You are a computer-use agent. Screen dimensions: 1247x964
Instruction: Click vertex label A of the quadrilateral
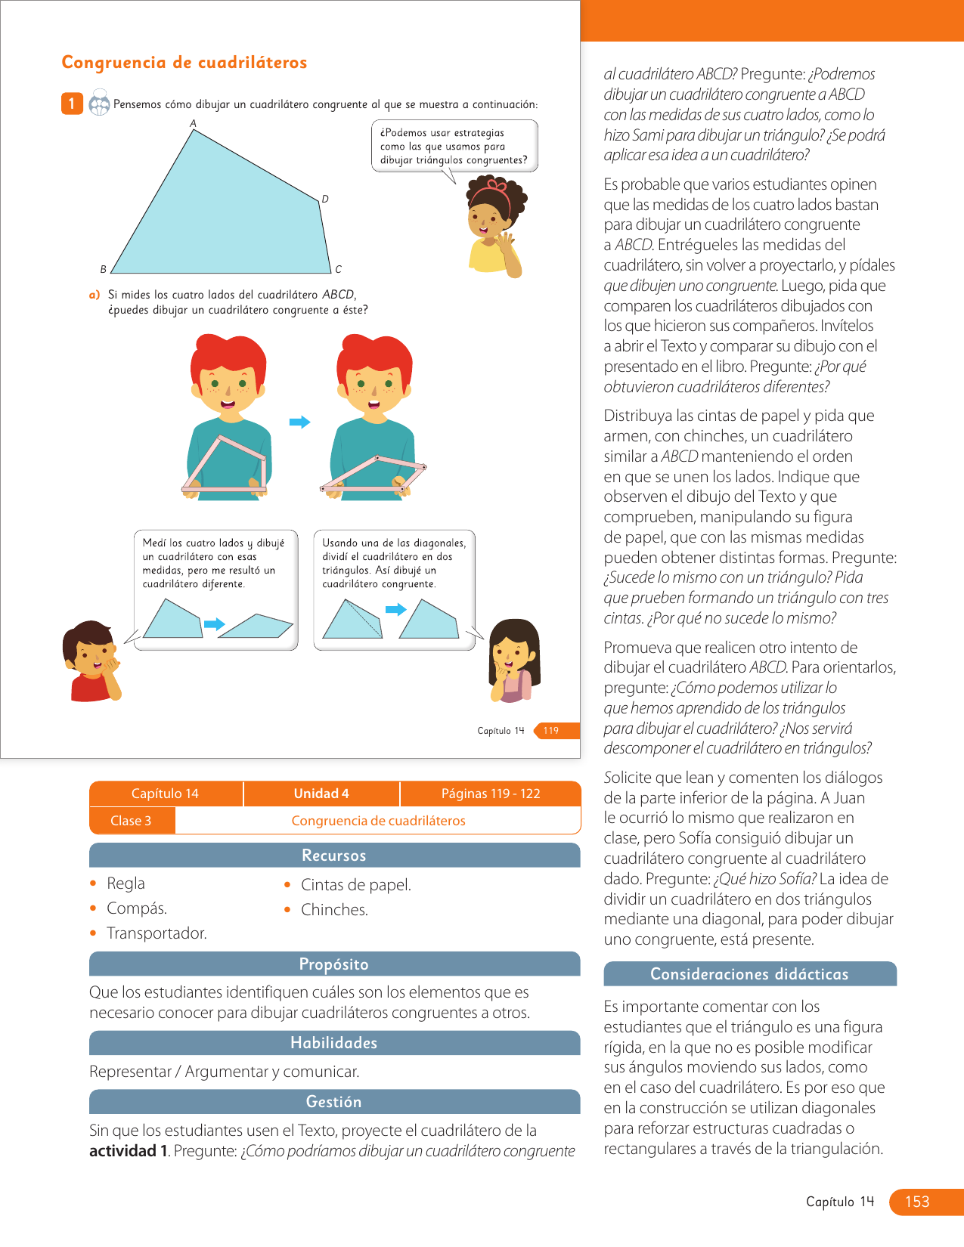(193, 123)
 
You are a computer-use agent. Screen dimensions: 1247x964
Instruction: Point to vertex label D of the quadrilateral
(325, 199)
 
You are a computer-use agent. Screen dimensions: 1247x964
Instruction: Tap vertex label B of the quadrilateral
(104, 269)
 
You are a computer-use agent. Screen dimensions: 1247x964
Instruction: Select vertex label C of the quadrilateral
(338, 269)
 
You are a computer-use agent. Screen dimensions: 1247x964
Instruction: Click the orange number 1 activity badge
(72, 104)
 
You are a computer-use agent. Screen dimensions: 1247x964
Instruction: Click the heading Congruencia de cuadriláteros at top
(184, 63)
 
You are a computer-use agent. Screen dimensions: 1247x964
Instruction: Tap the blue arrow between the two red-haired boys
(300, 422)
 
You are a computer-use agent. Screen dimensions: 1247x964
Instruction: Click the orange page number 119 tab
(552, 730)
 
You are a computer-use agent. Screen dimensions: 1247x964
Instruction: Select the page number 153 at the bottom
(917, 1202)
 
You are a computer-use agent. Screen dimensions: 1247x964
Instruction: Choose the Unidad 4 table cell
(321, 794)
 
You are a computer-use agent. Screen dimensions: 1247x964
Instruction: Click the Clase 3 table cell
(131, 821)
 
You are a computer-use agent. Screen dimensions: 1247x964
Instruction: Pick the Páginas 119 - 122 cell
(491, 794)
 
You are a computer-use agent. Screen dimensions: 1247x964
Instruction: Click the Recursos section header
(334, 856)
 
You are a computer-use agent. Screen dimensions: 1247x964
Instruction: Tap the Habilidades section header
(334, 1043)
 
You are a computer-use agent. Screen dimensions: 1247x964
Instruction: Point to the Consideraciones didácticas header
(749, 974)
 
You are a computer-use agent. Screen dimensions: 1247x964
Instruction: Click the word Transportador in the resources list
(157, 933)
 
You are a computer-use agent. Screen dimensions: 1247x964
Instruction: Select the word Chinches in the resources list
(334, 910)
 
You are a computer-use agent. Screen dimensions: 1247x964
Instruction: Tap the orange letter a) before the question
(95, 295)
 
